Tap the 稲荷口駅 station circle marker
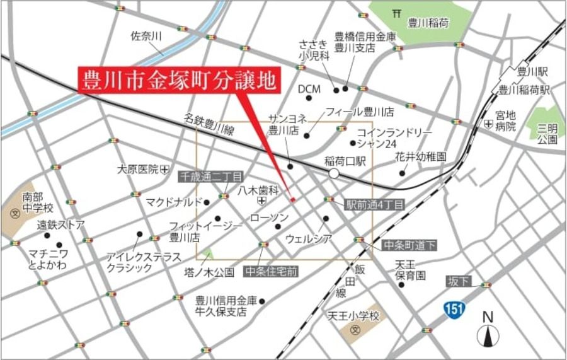coord(334,173)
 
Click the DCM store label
coord(309,89)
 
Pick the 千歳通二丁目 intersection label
coord(210,177)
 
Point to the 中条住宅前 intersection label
coord(272,271)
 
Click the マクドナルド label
coord(173,202)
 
